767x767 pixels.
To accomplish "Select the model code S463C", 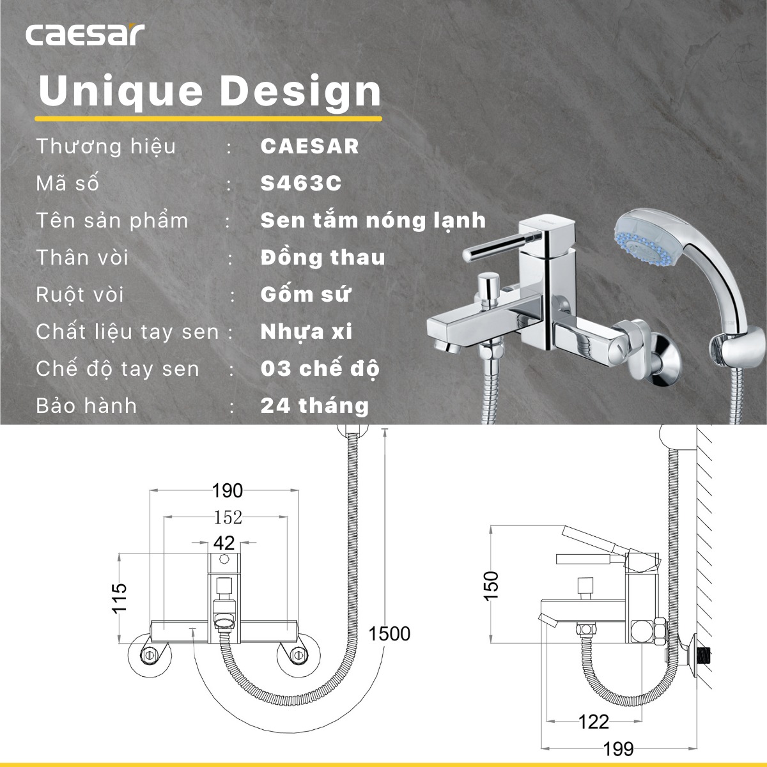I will (301, 183).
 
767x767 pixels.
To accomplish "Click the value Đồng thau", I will (323, 258).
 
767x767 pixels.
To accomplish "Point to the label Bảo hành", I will (86, 406).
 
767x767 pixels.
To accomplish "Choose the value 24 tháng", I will (314, 406).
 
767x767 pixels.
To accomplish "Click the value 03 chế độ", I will (320, 369).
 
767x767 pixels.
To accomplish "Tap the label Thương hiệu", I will (105, 146).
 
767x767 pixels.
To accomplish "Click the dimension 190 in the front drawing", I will (228, 491).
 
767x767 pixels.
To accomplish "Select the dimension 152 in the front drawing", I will (228, 517).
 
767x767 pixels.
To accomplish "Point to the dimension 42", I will (224, 543).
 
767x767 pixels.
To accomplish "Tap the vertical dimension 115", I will (120, 598).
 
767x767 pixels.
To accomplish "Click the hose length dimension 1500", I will (389, 633).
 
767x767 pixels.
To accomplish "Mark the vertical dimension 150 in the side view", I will (490, 585).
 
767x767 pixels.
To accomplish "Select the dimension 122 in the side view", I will (593, 722).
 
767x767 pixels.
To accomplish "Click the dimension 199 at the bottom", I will (618, 748).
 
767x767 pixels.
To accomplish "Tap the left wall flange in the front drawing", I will (150, 655).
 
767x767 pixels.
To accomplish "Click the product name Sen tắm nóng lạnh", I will (373, 221).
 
